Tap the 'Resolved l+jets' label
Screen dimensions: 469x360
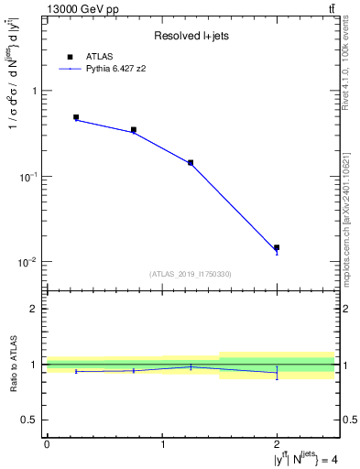click(189, 36)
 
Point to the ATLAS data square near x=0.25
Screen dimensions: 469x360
click(76, 117)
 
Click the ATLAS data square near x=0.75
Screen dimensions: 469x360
click(134, 130)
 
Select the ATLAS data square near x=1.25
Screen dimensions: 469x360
click(191, 162)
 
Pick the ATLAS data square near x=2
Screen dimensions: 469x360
click(277, 247)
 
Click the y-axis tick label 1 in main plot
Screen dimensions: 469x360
click(35, 91)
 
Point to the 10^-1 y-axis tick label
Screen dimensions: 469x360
click(30, 176)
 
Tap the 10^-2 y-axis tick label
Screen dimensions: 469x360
click(30, 262)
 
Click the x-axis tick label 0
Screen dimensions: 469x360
click(47, 444)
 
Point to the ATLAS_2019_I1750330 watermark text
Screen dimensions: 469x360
click(190, 273)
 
